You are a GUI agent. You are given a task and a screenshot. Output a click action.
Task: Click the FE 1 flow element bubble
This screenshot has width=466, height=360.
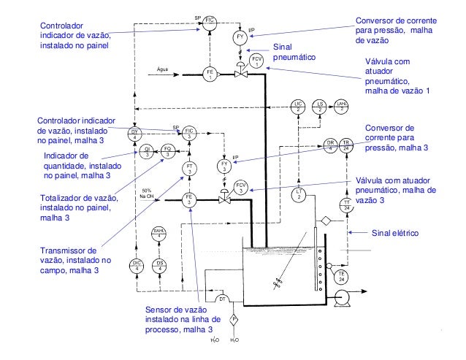click(x=210, y=73)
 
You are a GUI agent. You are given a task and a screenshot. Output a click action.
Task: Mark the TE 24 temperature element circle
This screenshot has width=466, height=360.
click(x=340, y=276)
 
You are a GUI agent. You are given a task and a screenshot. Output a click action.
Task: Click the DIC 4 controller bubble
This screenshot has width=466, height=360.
click(x=136, y=264)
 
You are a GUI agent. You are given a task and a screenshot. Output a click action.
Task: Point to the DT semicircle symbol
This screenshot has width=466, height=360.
click(x=223, y=299)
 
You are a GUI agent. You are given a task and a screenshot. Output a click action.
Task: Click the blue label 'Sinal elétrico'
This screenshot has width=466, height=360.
click(x=394, y=234)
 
